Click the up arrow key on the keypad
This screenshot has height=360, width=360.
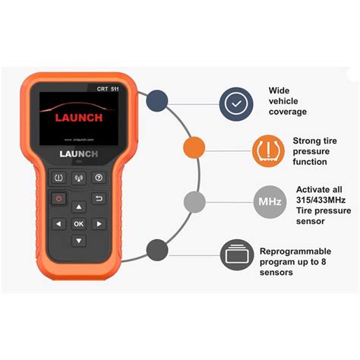[x=78, y=207]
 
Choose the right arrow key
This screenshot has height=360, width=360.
[x=98, y=224]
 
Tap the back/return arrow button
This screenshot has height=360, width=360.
[x=98, y=198]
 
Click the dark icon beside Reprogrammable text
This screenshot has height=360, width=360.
[x=237, y=253]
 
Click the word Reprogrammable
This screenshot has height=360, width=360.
[x=296, y=251]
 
